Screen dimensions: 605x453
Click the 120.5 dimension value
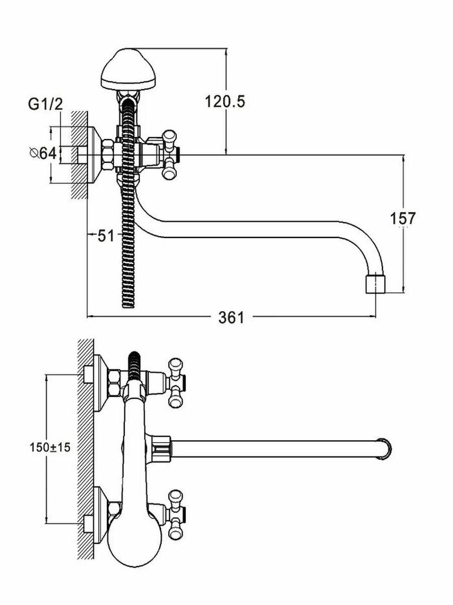[x=224, y=102]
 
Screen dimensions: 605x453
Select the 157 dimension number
[x=403, y=218]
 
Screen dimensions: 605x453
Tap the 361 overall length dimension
[x=231, y=318]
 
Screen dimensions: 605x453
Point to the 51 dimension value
[x=106, y=235]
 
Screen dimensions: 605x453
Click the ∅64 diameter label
[x=42, y=153]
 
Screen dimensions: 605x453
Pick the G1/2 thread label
[x=45, y=104]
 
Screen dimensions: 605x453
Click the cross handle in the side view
[x=170, y=153]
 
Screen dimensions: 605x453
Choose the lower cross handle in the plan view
[x=176, y=512]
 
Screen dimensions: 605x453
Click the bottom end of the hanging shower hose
[x=129, y=302]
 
